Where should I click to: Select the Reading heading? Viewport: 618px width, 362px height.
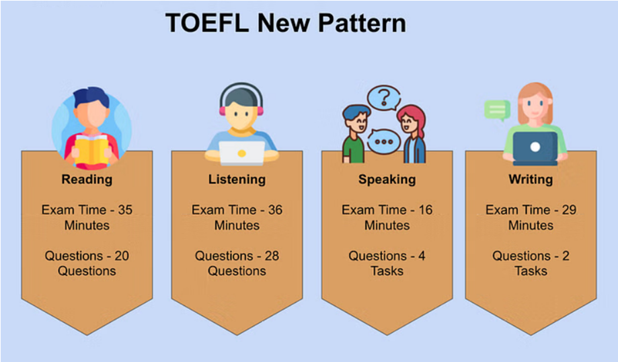tap(87, 180)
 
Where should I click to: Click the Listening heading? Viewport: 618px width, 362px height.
tap(237, 180)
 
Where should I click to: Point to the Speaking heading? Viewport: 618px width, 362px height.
tap(387, 180)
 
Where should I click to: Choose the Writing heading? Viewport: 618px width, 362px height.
tap(531, 180)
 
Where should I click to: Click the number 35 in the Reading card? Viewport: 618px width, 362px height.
tap(125, 210)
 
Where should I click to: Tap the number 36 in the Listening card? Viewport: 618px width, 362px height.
tap(275, 210)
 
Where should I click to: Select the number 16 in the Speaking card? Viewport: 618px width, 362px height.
tap(426, 210)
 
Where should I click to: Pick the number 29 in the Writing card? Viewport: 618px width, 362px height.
tap(569, 210)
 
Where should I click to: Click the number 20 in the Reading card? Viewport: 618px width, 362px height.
tap(122, 256)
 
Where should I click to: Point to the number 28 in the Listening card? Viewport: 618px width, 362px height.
tap(272, 256)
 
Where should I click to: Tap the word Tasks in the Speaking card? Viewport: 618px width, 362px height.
tap(387, 271)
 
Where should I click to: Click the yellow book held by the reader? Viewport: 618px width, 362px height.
tap(91, 149)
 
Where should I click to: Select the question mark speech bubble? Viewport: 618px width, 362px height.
tap(384, 98)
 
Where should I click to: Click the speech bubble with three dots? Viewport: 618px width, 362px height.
tap(383, 141)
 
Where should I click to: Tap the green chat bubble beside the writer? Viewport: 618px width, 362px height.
tap(497, 110)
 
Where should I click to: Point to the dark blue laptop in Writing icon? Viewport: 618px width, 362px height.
tap(535, 148)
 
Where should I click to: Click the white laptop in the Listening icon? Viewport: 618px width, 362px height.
tap(241, 153)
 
